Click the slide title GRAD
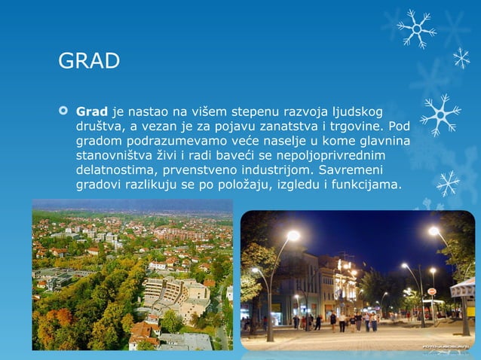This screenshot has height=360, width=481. pyautogui.click(x=89, y=60)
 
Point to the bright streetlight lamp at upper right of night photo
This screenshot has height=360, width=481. pyautogui.click(x=434, y=231)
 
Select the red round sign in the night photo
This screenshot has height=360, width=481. pyautogui.click(x=432, y=291)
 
